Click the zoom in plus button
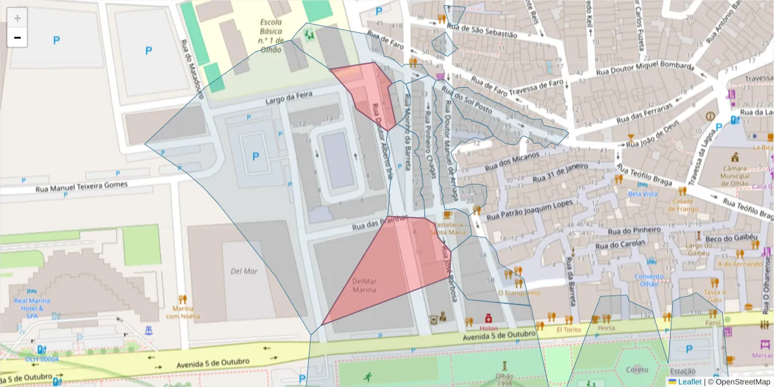point(17,18)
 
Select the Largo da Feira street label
point(289,98)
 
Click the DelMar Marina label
point(364,286)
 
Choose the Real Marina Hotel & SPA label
point(29,308)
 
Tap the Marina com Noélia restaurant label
point(183,312)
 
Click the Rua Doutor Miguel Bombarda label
point(645,69)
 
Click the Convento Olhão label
point(649,280)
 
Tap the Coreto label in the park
point(637,370)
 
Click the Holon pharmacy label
point(488,328)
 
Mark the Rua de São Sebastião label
point(482,31)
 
